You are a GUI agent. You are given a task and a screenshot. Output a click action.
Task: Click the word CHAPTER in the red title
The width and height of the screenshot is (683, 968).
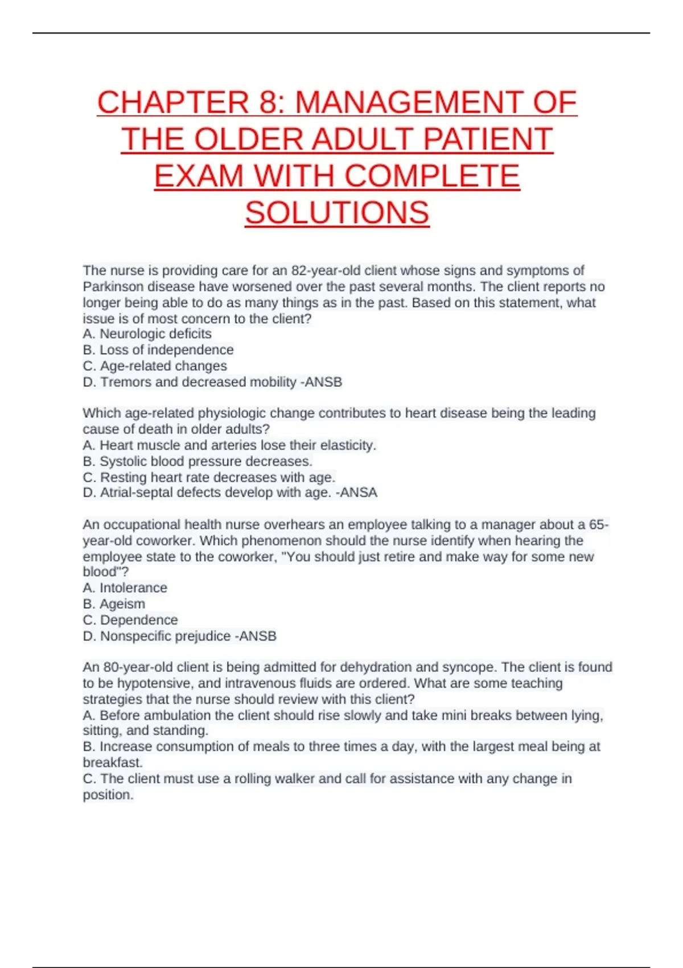[x=173, y=102]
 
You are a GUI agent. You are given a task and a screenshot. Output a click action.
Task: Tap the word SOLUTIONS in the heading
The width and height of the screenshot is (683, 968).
[x=337, y=213]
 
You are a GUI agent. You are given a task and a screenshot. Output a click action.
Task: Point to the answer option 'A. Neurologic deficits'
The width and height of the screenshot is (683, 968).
[x=147, y=334]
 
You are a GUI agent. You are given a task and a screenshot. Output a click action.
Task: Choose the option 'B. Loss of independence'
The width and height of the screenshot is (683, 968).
[x=158, y=350]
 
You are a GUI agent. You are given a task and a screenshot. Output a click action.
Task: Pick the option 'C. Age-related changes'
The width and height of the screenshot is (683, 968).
[x=154, y=366]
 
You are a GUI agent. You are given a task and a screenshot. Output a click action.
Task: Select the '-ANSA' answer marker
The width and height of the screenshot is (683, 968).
[x=356, y=493]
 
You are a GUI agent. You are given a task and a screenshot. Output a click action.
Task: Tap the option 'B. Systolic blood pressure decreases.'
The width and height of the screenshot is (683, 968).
[x=198, y=461]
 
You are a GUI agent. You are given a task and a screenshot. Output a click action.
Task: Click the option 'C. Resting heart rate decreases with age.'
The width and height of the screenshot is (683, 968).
[x=209, y=477]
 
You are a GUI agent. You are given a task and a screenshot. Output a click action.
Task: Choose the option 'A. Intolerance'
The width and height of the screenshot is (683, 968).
[x=125, y=588]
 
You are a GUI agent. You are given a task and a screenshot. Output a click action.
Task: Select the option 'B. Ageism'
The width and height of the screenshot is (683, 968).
[x=114, y=604]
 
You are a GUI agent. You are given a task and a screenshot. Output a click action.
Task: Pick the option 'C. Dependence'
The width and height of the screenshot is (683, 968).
[x=130, y=620]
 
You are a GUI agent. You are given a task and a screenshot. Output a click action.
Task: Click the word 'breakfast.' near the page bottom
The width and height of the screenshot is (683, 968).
[x=113, y=762]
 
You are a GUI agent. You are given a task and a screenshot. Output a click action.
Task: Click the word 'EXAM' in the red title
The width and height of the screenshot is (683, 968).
[x=199, y=176]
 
